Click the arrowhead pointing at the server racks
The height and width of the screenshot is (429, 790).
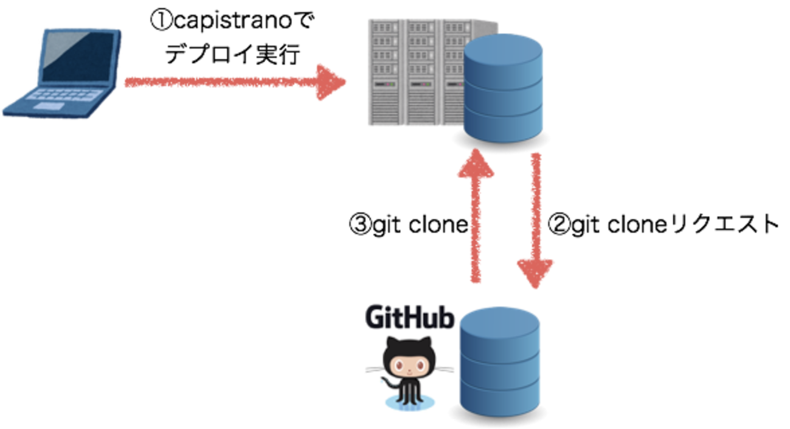pos(331,82)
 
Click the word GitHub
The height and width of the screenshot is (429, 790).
pos(409,318)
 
